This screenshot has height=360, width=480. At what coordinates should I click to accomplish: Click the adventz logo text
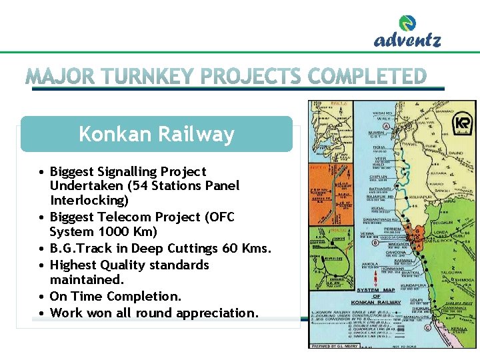pyautogui.click(x=407, y=40)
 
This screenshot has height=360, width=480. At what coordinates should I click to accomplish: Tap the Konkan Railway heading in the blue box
pyautogui.click(x=157, y=134)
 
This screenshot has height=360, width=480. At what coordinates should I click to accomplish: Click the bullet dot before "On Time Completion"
pyautogui.click(x=41, y=297)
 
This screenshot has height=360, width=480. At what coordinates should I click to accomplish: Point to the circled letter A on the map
pyautogui.click(x=386, y=127)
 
